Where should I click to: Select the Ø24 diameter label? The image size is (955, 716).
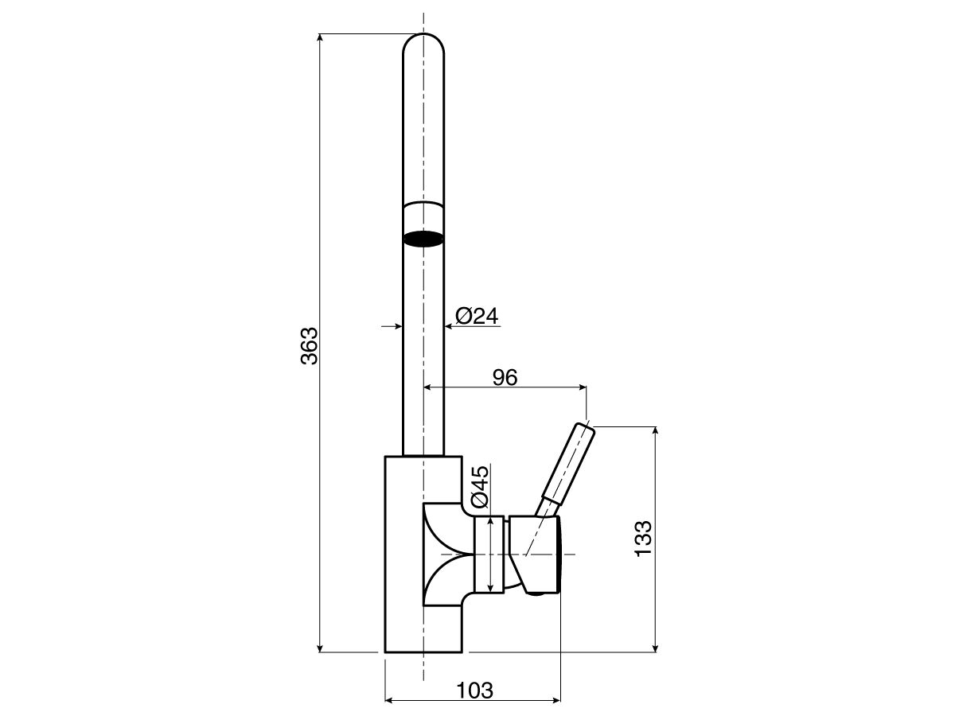pos(477,316)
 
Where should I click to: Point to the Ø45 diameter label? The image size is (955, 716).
pos(479,487)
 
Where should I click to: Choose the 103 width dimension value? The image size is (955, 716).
pos(474,690)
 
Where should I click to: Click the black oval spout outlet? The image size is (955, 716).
pos(423,238)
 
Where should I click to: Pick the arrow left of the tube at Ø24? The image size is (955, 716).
pos(396,326)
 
